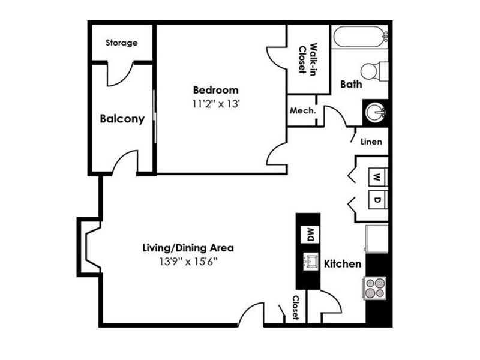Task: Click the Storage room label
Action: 122,43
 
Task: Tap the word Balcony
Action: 122,119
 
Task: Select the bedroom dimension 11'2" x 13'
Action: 215,104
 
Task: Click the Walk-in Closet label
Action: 308,59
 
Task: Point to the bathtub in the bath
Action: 361,37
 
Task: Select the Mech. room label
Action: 303,110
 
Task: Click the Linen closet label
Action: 371,142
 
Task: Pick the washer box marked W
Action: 378,177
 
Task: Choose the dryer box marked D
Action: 378,200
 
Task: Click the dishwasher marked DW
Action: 310,235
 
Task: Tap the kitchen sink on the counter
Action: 310,261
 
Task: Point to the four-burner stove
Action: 375,288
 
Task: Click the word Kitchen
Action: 343,264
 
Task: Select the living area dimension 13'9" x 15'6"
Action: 188,262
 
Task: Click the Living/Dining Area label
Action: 188,248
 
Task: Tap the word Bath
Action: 351,84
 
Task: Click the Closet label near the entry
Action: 295,307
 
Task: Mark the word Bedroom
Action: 215,90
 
